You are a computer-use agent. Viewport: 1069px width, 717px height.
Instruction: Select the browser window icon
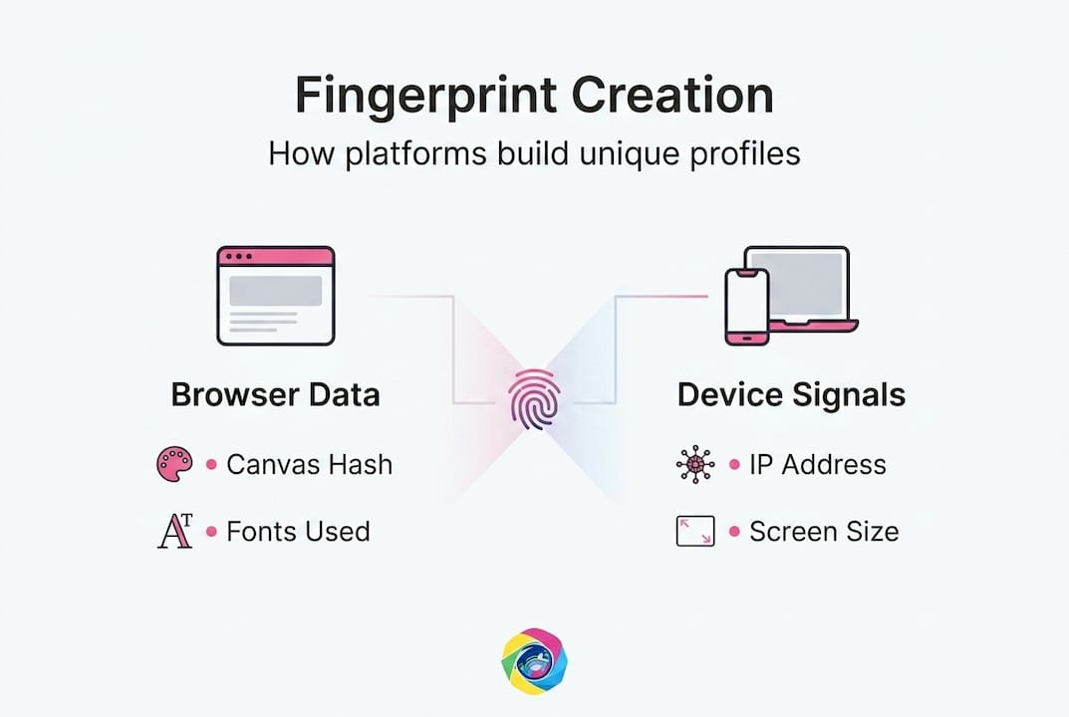[276, 296]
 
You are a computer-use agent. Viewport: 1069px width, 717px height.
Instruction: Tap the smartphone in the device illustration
[747, 306]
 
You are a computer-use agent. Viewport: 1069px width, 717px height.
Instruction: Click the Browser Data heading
[275, 394]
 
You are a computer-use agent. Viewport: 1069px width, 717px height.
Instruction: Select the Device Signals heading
[791, 394]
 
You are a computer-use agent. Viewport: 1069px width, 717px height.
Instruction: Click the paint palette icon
[174, 464]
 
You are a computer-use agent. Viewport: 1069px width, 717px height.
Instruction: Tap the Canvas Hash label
[309, 464]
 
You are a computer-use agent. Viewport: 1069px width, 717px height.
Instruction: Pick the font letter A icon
[173, 532]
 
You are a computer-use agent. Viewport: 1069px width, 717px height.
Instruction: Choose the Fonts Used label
[298, 532]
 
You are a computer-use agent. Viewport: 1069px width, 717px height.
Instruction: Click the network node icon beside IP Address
[694, 464]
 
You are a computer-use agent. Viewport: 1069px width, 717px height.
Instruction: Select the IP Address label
[817, 464]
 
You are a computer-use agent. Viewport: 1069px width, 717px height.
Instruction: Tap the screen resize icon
[694, 532]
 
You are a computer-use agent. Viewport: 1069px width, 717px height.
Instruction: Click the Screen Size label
[824, 532]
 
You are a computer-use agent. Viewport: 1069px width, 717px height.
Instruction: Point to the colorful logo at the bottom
[534, 661]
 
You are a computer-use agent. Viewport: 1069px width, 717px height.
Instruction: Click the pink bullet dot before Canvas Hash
[211, 465]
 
